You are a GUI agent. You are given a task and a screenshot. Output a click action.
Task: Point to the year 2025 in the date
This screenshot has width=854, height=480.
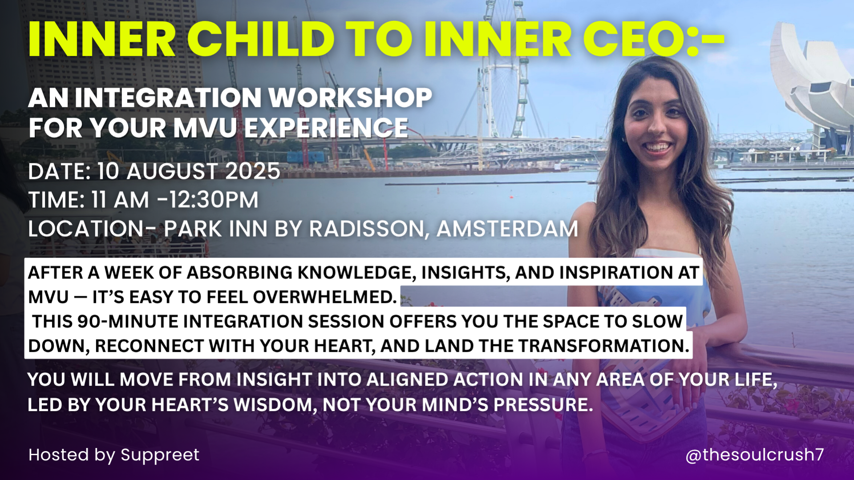[x=252, y=171]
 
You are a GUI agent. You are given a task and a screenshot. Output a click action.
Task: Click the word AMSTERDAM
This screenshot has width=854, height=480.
[x=507, y=229]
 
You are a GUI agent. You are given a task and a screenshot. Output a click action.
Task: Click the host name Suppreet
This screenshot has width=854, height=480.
[x=160, y=455]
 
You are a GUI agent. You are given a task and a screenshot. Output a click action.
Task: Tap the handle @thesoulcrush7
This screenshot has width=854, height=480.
[x=755, y=455]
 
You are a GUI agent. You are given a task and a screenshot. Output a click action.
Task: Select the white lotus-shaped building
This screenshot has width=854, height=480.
[x=810, y=80]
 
